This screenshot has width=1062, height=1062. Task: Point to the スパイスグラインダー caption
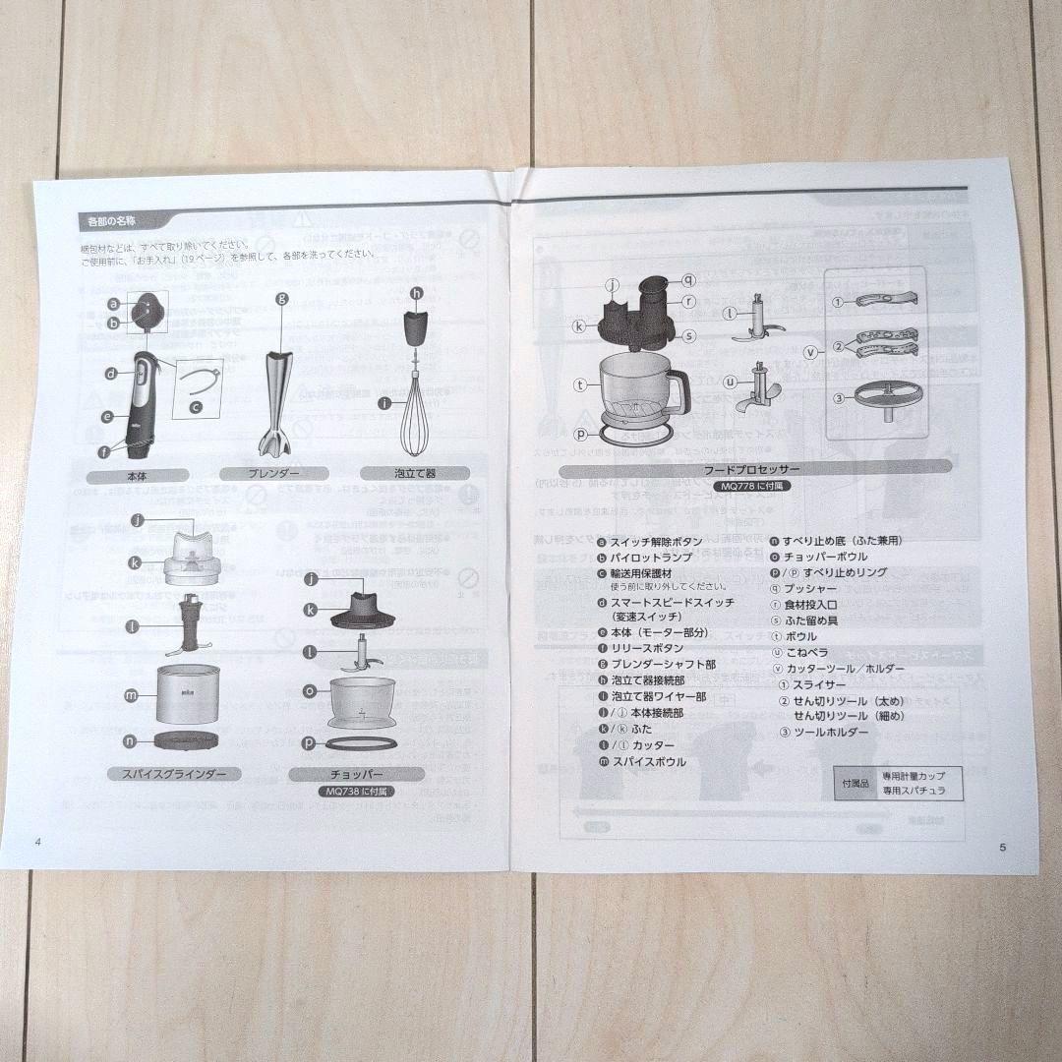(173, 773)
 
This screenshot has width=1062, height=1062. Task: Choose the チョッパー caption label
(356, 774)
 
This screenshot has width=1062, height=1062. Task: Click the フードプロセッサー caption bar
(752, 470)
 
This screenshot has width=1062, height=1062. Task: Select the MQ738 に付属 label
(356, 791)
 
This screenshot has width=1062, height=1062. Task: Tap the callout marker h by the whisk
(416, 293)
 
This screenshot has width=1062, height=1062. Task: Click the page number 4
(37, 841)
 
